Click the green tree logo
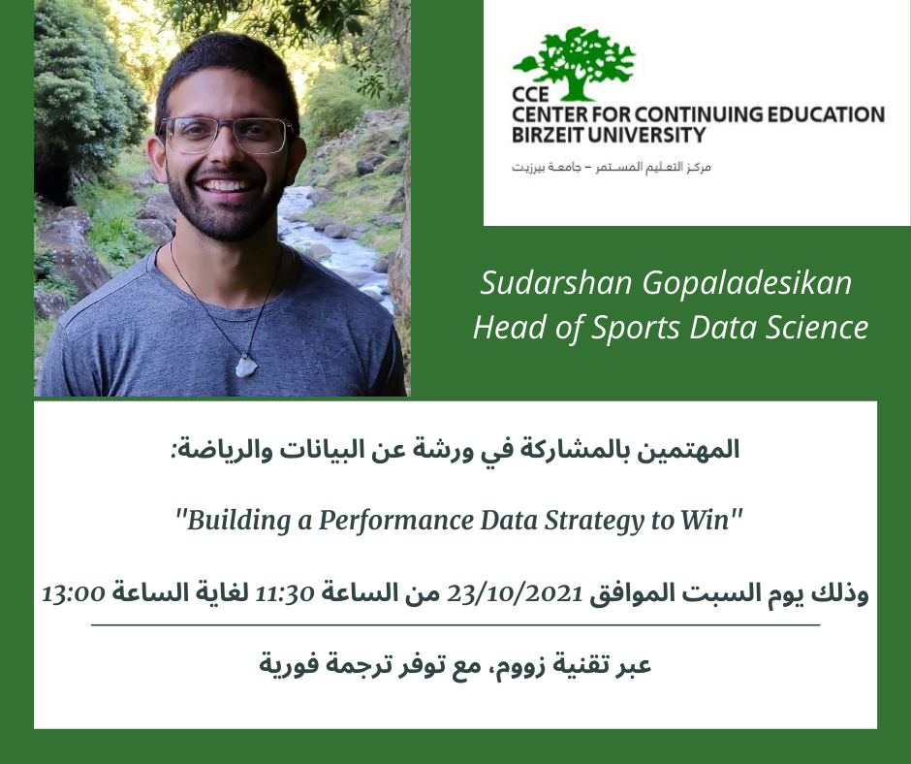pyautogui.click(x=575, y=63)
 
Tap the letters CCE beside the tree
pyautogui.click(x=530, y=94)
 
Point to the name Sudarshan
pyautogui.click(x=556, y=283)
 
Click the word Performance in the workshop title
pyautogui.click(x=395, y=521)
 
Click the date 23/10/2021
pyautogui.click(x=515, y=593)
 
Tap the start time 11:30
pyautogui.click(x=285, y=593)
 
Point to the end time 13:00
pyautogui.click(x=74, y=593)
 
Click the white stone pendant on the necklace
pyautogui.click(x=245, y=366)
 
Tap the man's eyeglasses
pyautogui.click(x=227, y=135)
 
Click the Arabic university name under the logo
pyautogui.click(x=611, y=168)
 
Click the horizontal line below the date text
pyautogui.click(x=455, y=625)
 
